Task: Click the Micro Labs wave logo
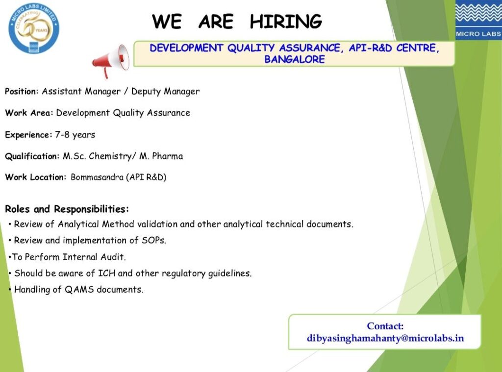[x=478, y=20]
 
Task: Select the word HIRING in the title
[x=286, y=22]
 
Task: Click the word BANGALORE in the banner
[x=294, y=59]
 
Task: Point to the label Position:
[x=22, y=92]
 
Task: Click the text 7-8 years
[x=75, y=135]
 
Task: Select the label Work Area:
[x=29, y=113]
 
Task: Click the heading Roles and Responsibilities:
[x=67, y=209]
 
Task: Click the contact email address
[x=385, y=339]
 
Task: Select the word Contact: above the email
[x=385, y=326]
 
